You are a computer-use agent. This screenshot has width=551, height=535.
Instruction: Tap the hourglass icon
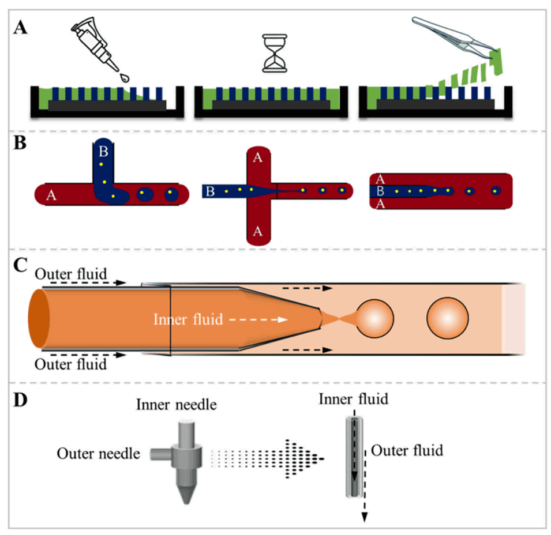pos(274,54)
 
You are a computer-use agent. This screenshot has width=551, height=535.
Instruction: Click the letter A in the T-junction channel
pos(51,197)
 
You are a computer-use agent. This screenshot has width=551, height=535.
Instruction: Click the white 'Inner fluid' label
pos(188,319)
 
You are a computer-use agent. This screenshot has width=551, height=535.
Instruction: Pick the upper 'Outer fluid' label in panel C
pos(71,274)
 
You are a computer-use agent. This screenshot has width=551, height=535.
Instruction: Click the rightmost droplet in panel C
pos(448,319)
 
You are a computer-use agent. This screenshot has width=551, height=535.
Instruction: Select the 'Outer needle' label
pos(98,454)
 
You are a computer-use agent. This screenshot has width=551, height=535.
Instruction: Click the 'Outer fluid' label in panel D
pos(407,450)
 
